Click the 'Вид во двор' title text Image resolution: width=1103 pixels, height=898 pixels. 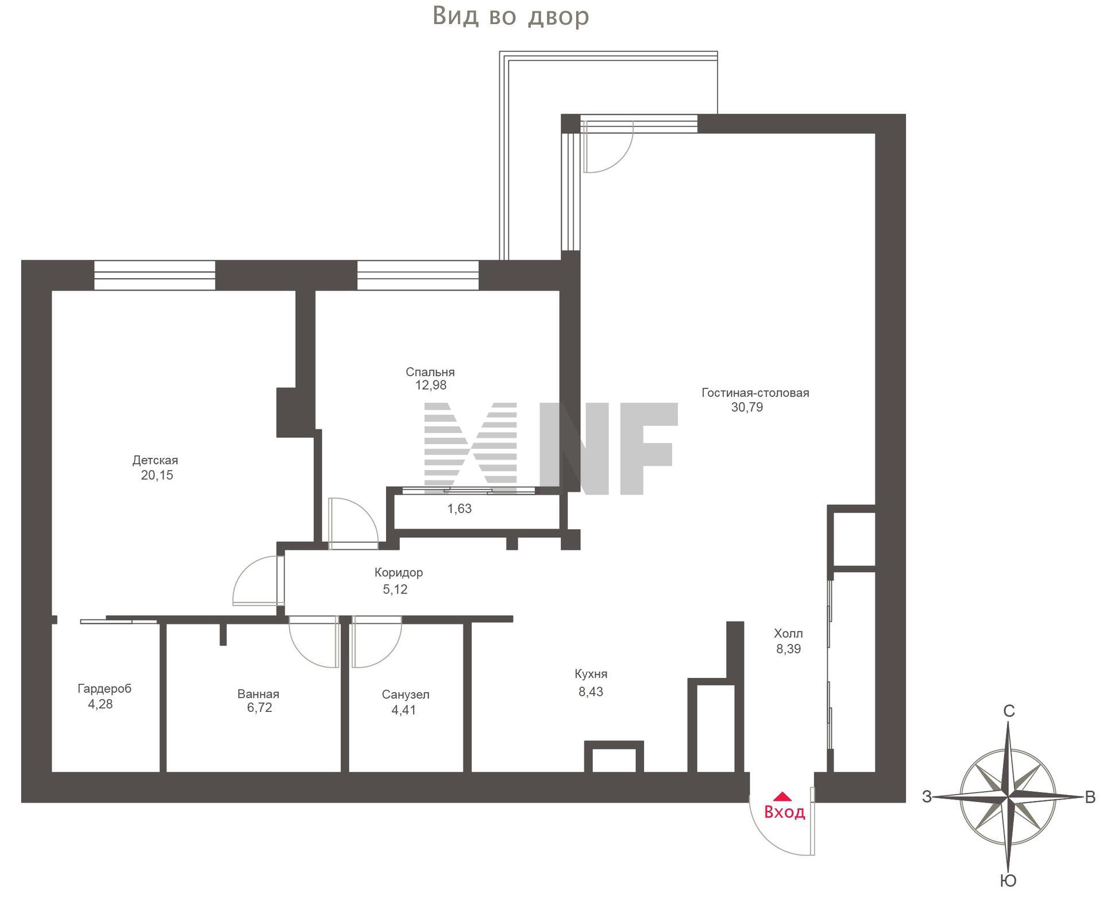[511, 17]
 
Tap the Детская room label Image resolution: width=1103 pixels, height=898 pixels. [155, 460]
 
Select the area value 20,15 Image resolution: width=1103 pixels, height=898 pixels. [157, 475]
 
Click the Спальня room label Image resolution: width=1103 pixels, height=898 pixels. [430, 372]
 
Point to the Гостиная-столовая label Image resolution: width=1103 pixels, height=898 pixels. [755, 393]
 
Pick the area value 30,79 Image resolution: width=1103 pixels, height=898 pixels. [747, 407]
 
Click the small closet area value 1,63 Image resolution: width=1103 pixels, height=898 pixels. [460, 508]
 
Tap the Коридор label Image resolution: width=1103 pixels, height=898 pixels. [399, 573]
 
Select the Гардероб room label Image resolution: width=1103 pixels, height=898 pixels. [105, 689]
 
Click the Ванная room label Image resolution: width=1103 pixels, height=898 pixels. [259, 694]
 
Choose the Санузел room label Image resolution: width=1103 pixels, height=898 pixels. [406, 695]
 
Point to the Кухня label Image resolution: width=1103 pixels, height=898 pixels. [591, 674]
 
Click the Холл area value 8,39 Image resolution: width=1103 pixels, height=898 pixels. [788, 649]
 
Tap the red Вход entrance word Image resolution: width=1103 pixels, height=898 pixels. [785, 812]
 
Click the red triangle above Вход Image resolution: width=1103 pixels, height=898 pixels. [782, 796]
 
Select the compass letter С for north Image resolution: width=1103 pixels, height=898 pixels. [1009, 711]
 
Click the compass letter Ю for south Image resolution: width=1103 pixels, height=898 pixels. [1009, 881]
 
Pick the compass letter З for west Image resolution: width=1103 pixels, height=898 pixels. [927, 797]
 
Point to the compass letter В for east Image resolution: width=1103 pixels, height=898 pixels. [1090, 797]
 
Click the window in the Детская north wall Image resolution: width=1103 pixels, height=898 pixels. [155, 275]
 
